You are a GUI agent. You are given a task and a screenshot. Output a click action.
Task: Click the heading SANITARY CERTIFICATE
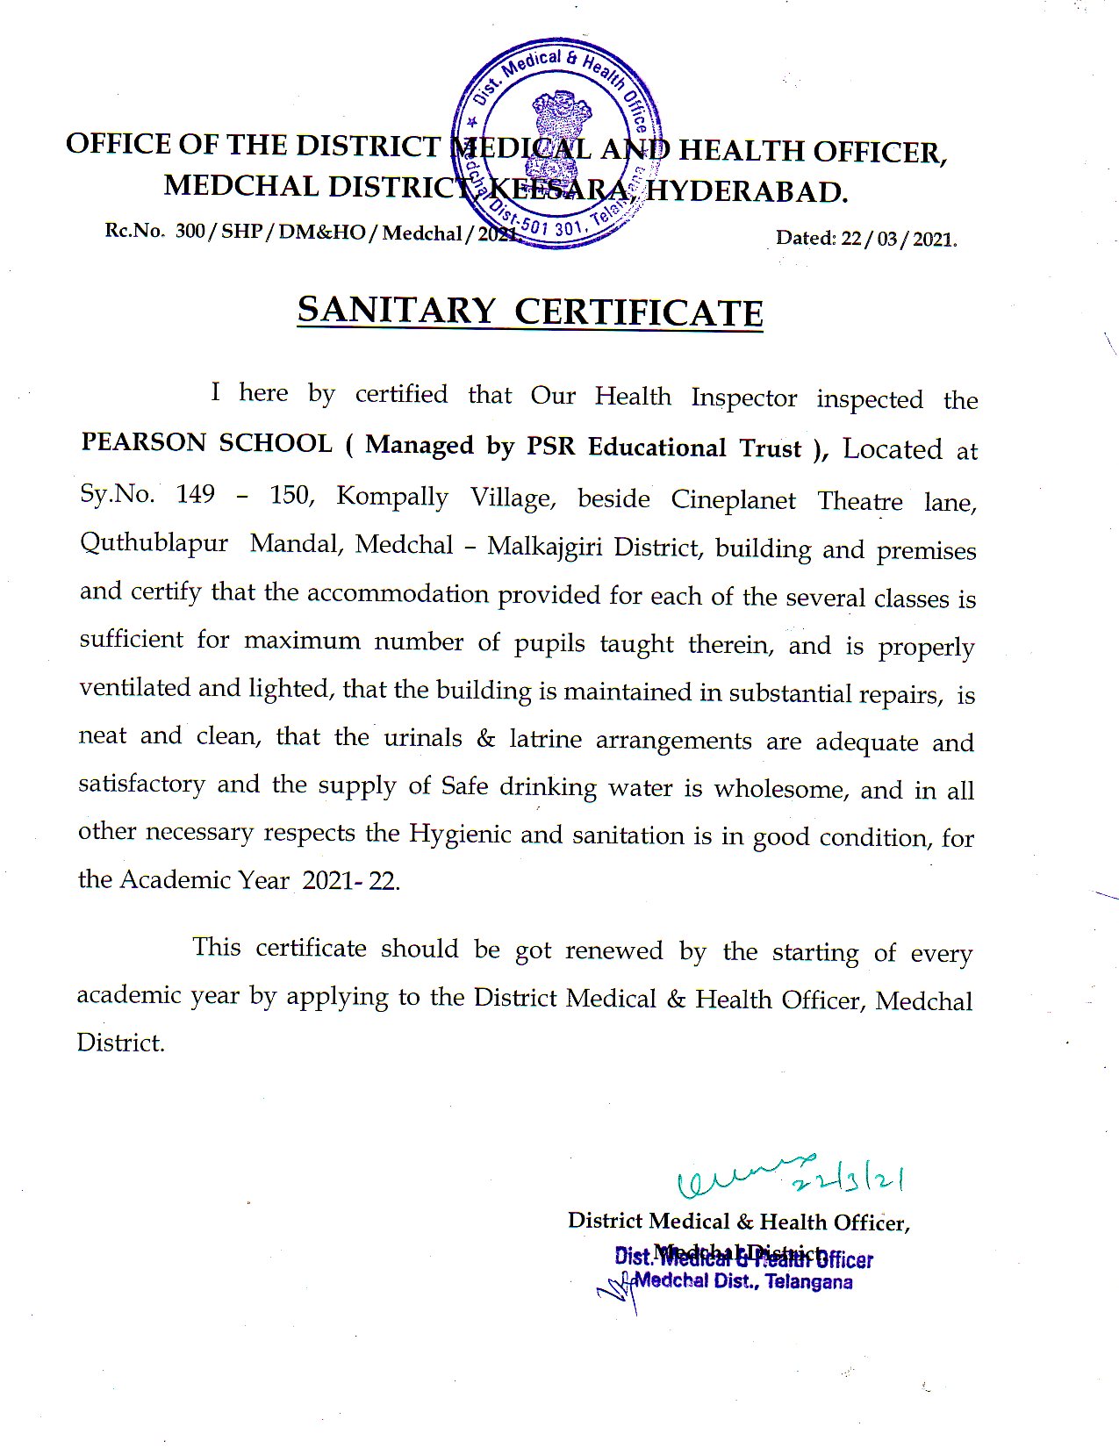tap(530, 311)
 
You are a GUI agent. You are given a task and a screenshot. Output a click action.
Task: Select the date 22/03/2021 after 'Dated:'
tap(898, 239)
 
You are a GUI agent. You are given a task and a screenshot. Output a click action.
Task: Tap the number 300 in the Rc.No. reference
tap(190, 231)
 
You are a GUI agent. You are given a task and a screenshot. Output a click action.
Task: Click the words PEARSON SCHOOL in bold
tap(206, 442)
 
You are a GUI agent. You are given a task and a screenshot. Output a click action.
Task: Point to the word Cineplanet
tap(733, 500)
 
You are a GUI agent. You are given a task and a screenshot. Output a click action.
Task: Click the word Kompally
tap(391, 497)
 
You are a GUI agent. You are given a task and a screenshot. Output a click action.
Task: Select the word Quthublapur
tap(154, 543)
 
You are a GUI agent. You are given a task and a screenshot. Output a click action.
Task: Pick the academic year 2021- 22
tap(350, 881)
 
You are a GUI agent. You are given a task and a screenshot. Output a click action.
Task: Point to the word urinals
tap(422, 738)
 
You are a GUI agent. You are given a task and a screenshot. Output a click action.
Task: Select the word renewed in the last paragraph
tap(613, 950)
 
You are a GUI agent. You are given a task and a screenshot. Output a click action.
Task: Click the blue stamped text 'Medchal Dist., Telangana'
tap(742, 1282)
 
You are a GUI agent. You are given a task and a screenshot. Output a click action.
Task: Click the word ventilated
tap(135, 687)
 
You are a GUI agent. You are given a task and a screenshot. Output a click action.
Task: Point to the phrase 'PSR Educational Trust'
tap(664, 447)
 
